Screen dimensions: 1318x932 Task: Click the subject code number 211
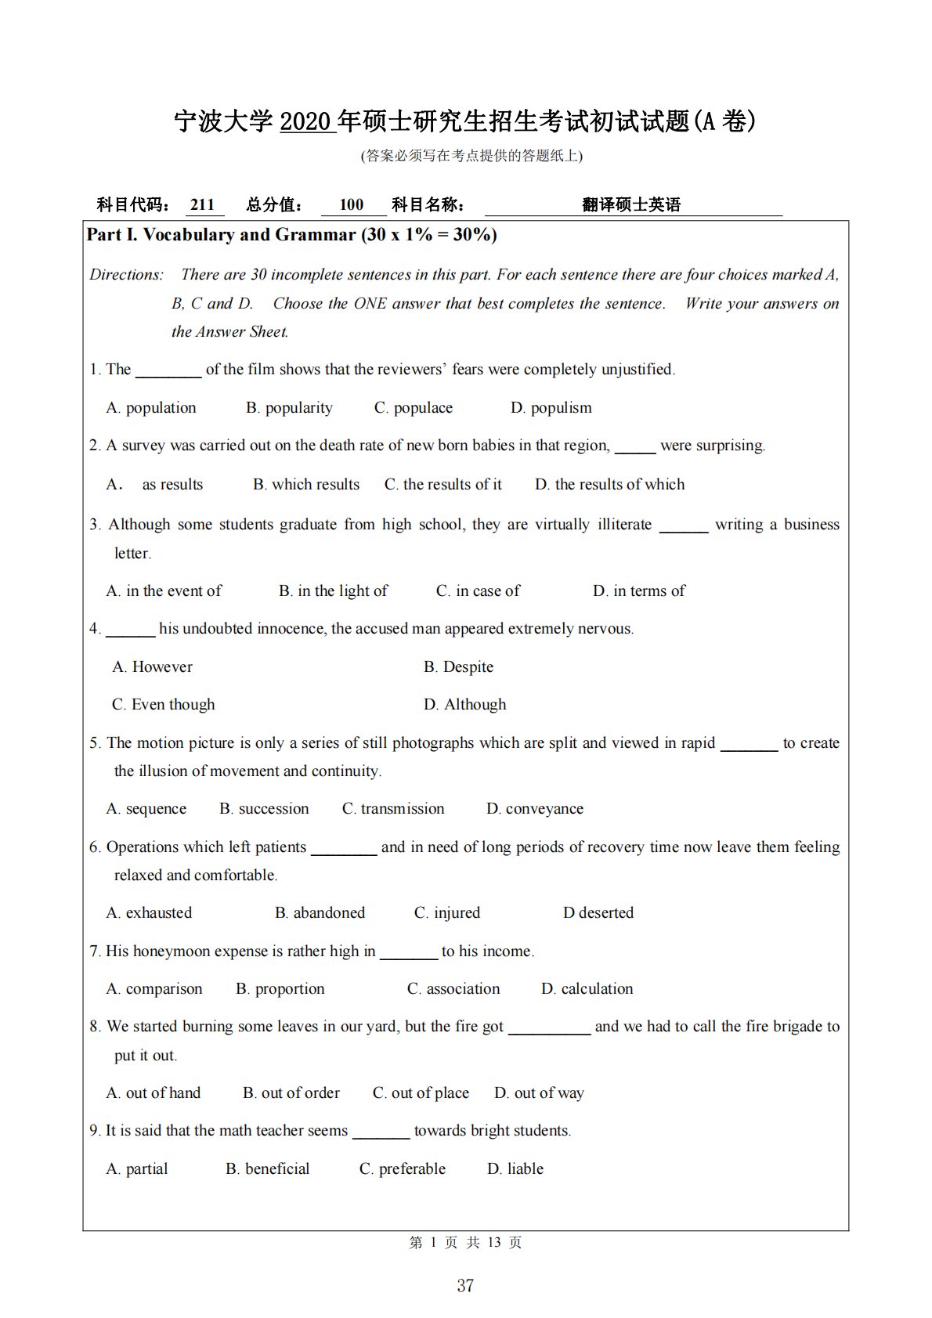tap(202, 205)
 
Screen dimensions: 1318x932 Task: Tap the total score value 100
tap(352, 205)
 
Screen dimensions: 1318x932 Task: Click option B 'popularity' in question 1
tap(289, 408)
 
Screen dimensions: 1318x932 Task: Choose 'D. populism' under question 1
tap(551, 408)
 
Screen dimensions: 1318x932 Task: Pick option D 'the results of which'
tap(609, 485)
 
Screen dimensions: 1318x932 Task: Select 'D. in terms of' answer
tap(638, 591)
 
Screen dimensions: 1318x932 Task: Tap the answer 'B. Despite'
tap(458, 667)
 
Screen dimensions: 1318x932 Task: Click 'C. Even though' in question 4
tap(163, 705)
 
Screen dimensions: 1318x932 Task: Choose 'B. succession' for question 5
tap(264, 809)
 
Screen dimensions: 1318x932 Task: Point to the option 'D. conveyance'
tap(534, 809)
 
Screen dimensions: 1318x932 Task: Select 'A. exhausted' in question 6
tap(149, 913)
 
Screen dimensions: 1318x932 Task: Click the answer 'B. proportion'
tap(280, 989)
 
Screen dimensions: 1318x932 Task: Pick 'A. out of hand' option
tap(153, 1093)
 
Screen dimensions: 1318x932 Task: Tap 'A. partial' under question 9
tap(137, 1169)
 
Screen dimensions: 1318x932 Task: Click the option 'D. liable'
tap(515, 1169)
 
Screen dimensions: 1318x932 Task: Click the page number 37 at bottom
tap(465, 1286)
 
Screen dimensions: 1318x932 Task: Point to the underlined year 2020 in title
tap(308, 122)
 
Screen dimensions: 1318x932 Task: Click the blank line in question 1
tap(168, 371)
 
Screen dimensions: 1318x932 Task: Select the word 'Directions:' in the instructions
tap(127, 275)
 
